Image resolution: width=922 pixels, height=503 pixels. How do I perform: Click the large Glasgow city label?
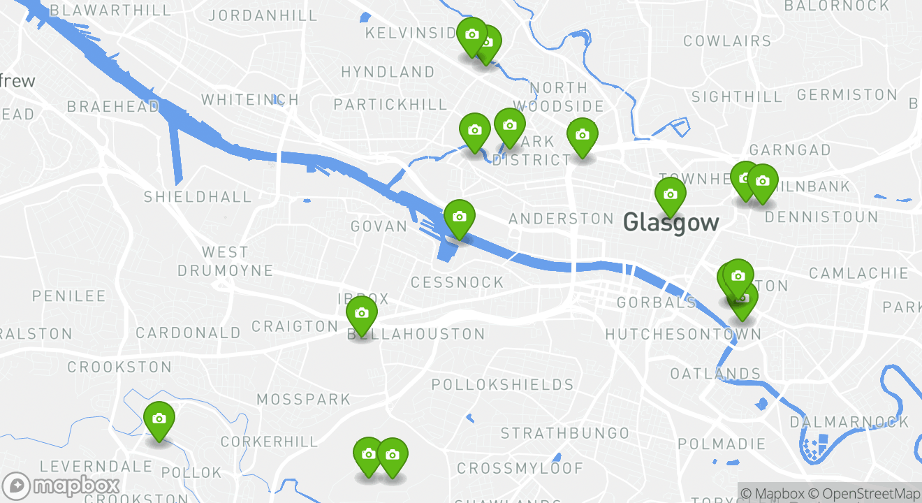pos(671,223)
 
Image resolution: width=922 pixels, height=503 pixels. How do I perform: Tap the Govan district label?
pos(379,226)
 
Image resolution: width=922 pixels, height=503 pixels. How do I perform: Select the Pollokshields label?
pos(502,385)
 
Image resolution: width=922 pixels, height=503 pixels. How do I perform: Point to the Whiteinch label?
pos(250,100)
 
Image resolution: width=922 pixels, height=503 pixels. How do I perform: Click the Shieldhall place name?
pos(198,196)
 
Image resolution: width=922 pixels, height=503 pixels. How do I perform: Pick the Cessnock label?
pos(457,282)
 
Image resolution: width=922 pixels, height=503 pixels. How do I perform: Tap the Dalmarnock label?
pos(849,422)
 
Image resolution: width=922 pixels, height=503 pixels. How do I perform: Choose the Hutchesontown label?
pos(682,335)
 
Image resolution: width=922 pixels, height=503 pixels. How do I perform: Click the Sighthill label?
pos(737,96)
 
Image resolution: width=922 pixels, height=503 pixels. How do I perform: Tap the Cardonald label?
pos(188,333)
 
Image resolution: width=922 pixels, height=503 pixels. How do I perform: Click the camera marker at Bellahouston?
pos(362,314)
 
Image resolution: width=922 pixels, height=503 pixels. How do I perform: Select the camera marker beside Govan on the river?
pos(459,217)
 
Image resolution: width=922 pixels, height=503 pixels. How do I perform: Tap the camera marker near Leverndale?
pos(159,419)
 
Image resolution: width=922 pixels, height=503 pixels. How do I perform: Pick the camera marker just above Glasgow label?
pos(671,195)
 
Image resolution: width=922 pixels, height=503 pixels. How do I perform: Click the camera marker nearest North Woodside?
pos(582,136)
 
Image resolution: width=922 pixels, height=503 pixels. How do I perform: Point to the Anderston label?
pos(561,219)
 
